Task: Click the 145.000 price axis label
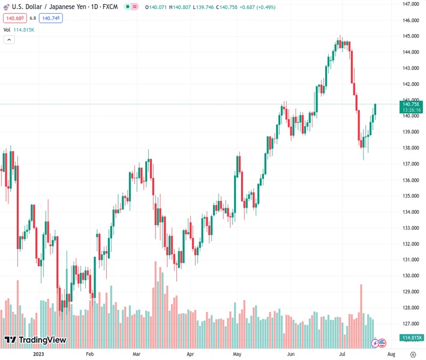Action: (x=411, y=36)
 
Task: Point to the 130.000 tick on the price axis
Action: (x=411, y=276)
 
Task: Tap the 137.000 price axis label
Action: (x=411, y=164)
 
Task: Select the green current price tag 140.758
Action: (x=412, y=104)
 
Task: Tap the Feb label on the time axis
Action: (x=90, y=354)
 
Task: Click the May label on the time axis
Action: (x=236, y=354)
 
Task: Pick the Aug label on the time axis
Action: (x=383, y=354)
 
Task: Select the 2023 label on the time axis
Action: (x=38, y=354)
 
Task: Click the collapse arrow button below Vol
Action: (x=9, y=40)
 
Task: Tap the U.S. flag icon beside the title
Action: (x=6, y=7)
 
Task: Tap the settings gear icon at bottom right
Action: (x=413, y=354)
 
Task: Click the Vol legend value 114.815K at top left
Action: (x=24, y=29)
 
